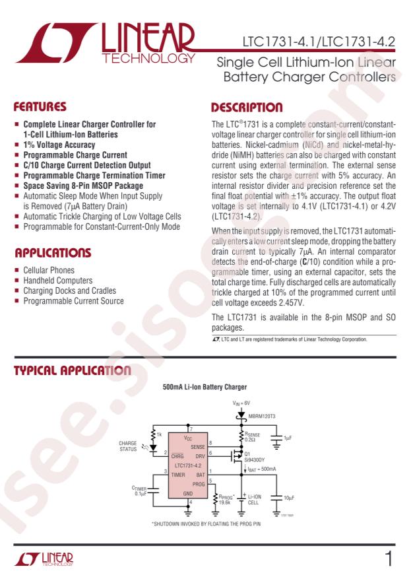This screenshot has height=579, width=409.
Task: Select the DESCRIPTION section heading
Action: (x=247, y=106)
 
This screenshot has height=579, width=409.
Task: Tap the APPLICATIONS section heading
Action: (x=53, y=253)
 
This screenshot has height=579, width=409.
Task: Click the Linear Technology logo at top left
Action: (x=110, y=44)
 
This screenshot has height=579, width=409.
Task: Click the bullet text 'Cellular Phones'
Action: (x=49, y=270)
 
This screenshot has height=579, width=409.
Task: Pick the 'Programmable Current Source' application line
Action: (x=73, y=301)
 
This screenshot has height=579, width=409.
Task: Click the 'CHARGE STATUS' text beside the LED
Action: (x=128, y=446)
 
